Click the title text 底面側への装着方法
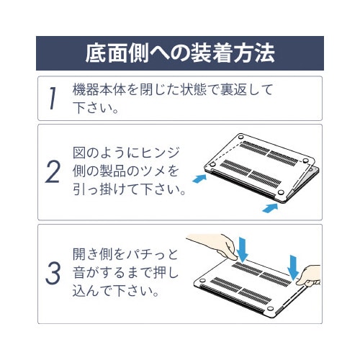pyautogui.click(x=179, y=53)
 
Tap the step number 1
pyautogui.click(x=53, y=99)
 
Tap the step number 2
pyautogui.click(x=53, y=173)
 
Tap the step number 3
pyautogui.click(x=53, y=274)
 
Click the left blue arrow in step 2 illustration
pyautogui.click(x=198, y=175)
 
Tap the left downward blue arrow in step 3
pyautogui.click(x=243, y=250)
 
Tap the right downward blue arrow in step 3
pyautogui.click(x=294, y=264)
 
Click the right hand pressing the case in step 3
pyautogui.click(x=312, y=276)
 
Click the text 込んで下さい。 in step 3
pyautogui.click(x=115, y=293)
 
